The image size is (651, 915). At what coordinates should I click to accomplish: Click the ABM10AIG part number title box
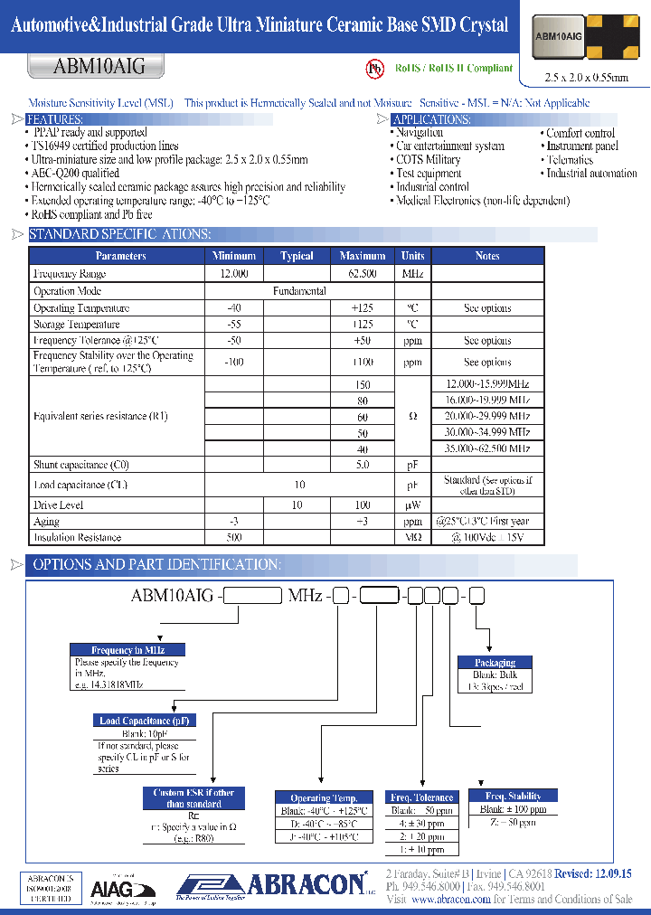87,66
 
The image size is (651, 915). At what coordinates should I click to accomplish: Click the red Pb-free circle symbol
374,69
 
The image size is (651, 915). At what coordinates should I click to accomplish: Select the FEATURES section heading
55,119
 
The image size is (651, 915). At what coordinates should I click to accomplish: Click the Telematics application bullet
570,160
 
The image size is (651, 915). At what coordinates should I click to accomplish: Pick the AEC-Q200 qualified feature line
75,174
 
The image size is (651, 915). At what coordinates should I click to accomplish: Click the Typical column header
297,256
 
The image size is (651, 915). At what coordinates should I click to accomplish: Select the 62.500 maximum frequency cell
363,273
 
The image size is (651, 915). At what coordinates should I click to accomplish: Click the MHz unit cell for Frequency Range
412,273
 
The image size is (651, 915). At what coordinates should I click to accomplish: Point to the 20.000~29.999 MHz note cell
487,416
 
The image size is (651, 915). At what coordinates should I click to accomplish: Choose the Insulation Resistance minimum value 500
233,538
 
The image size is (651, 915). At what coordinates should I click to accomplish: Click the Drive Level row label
59,505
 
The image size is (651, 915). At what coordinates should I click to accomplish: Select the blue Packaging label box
495,663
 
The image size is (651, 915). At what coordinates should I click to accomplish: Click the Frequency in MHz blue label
128,650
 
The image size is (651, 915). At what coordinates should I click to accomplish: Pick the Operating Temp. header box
324,797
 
